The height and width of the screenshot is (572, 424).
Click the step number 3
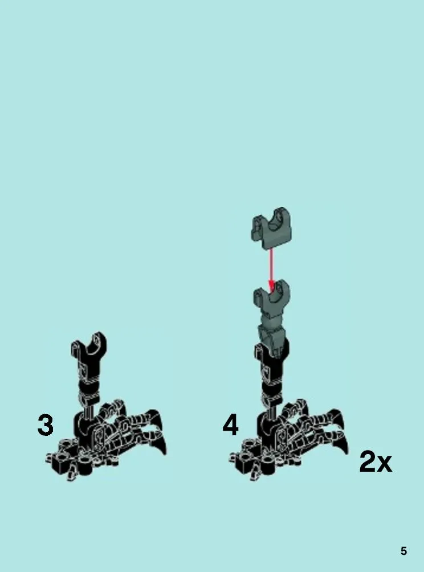point(45,425)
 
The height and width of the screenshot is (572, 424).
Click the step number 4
point(231,425)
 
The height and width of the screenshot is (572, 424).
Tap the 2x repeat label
point(376,462)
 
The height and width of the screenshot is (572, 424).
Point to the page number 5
point(403,550)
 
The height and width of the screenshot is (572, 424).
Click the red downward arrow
point(271,269)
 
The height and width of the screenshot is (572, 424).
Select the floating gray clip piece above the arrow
point(272,228)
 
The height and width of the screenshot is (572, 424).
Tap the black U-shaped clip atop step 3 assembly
point(89,350)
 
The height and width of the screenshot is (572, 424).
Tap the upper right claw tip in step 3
point(159,423)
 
